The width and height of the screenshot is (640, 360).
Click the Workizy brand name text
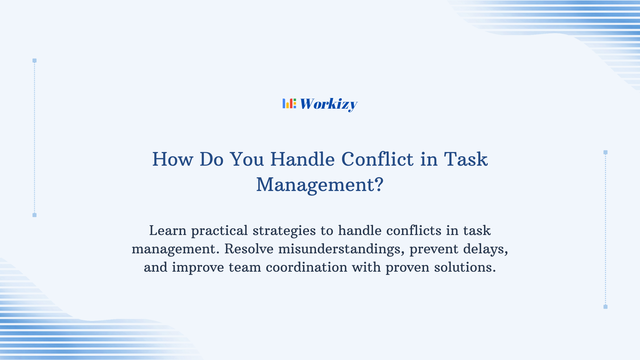click(328, 104)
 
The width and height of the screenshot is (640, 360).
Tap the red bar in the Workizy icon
click(291, 104)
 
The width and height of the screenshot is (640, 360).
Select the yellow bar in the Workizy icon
click(287, 105)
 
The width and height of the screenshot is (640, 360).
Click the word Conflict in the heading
click(377, 159)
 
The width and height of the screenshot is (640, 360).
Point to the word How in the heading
click(172, 159)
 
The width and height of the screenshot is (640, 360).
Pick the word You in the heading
click(247, 159)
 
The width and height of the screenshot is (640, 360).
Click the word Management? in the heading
click(320, 185)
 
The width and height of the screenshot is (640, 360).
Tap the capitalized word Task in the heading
click(466, 159)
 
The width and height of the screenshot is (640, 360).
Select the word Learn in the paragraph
click(167, 231)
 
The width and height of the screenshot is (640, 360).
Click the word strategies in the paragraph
click(284, 231)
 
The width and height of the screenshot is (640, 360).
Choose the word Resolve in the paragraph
click(249, 249)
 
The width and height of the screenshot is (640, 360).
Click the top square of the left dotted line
click(34, 61)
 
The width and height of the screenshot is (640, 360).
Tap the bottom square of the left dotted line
click(34, 215)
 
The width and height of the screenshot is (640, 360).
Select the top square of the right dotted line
click(605, 152)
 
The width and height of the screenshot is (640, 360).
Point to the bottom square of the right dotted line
click(605, 307)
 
